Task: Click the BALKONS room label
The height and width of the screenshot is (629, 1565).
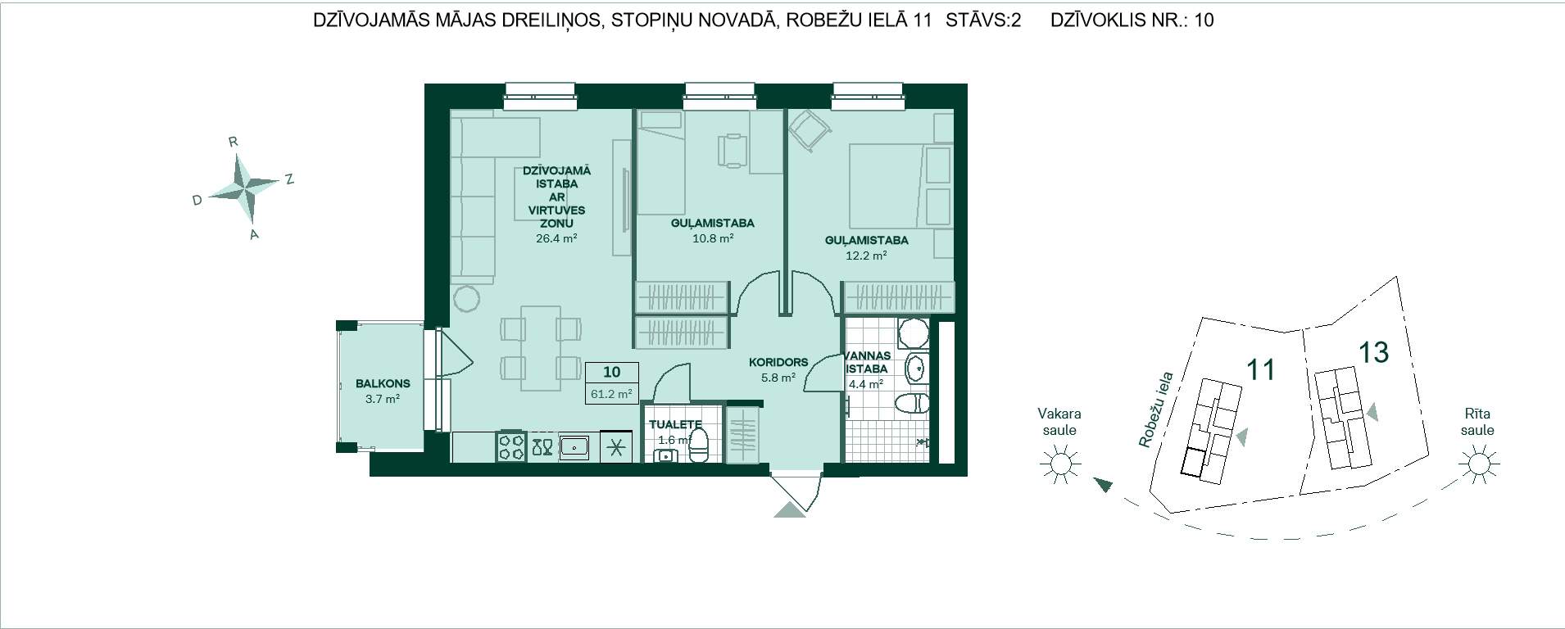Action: point(383,383)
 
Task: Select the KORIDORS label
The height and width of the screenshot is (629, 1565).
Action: point(778,362)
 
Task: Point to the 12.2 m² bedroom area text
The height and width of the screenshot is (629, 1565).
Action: point(866,256)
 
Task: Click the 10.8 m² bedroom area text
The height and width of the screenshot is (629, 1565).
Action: point(712,238)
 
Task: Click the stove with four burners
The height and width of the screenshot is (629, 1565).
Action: point(512,446)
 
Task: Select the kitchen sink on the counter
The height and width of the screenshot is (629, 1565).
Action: point(575,446)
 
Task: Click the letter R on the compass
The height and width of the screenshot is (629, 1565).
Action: point(234,142)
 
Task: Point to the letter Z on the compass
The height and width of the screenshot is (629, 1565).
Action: point(289,179)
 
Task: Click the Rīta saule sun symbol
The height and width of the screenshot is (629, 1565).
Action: point(1478,464)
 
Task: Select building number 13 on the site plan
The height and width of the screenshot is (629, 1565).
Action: point(1373,352)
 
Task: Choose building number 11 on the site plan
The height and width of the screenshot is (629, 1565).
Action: point(1260,369)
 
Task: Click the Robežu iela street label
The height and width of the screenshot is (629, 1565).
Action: point(1156,410)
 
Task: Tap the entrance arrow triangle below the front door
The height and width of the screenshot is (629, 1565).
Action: point(790,509)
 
